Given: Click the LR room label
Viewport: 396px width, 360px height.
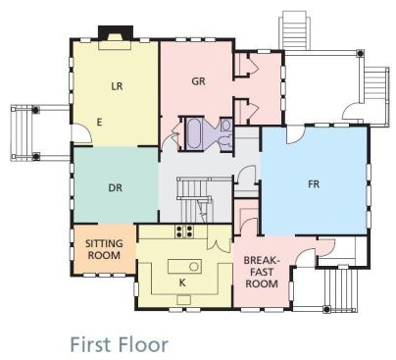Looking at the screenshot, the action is [117, 86].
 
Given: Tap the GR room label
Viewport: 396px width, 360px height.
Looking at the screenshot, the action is [199, 81].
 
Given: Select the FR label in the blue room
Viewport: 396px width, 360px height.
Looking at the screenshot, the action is [314, 184].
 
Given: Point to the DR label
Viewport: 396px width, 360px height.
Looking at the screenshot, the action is [115, 188].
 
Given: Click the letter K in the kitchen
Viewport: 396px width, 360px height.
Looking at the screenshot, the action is [182, 283].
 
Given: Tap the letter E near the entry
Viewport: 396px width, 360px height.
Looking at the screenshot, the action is [100, 123].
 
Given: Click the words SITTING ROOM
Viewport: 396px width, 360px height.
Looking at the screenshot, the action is [104, 249].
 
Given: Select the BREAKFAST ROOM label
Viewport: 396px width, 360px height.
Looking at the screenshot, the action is [262, 272].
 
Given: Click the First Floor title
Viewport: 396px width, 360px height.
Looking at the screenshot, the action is [120, 344].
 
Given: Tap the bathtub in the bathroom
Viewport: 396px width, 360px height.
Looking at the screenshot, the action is [194, 133].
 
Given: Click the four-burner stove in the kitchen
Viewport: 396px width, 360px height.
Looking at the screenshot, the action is [184, 231].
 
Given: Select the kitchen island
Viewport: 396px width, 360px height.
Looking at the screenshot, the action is [184, 267].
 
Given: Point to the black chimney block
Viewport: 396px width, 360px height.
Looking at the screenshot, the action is [116, 32].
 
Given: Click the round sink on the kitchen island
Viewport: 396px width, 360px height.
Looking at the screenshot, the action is [193, 267].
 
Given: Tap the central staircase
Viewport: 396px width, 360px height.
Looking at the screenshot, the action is [195, 199].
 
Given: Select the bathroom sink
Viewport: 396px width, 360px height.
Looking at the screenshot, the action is [226, 125].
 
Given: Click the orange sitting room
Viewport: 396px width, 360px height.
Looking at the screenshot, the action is [105, 249].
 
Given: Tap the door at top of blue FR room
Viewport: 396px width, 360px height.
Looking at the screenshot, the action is [296, 135].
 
